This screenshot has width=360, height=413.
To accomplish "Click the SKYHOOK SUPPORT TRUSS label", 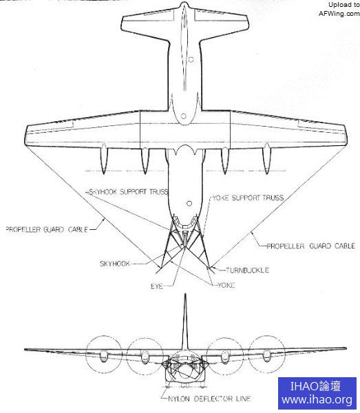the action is pos(129,192).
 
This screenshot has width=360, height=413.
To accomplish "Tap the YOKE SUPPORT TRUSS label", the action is pos(248,198).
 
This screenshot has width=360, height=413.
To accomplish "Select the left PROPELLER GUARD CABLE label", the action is pos(47,229).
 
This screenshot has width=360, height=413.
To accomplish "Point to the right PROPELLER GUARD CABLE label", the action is pos(310,246).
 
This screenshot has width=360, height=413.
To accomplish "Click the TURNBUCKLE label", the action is pos(248,271).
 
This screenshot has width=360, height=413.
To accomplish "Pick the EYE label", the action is pos(157,286).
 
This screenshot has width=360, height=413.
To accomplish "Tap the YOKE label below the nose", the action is pos(226,285).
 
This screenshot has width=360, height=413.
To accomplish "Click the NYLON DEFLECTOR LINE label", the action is pos(209,399).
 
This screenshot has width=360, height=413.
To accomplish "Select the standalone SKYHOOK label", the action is pos(115,264).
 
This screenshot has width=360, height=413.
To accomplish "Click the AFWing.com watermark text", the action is pos(339,14).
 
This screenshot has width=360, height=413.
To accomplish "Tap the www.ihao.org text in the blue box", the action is pos(317,400).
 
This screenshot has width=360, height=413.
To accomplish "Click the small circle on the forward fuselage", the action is pos(189,204).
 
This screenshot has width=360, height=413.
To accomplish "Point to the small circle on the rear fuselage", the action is pos(191,59).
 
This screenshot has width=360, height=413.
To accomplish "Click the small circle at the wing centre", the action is pos(184,116).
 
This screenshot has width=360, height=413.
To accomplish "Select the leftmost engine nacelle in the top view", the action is pos(104,159).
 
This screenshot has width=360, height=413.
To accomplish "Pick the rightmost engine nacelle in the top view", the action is pos(267,159).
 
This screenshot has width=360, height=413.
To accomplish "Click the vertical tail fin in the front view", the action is pos(185,321).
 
